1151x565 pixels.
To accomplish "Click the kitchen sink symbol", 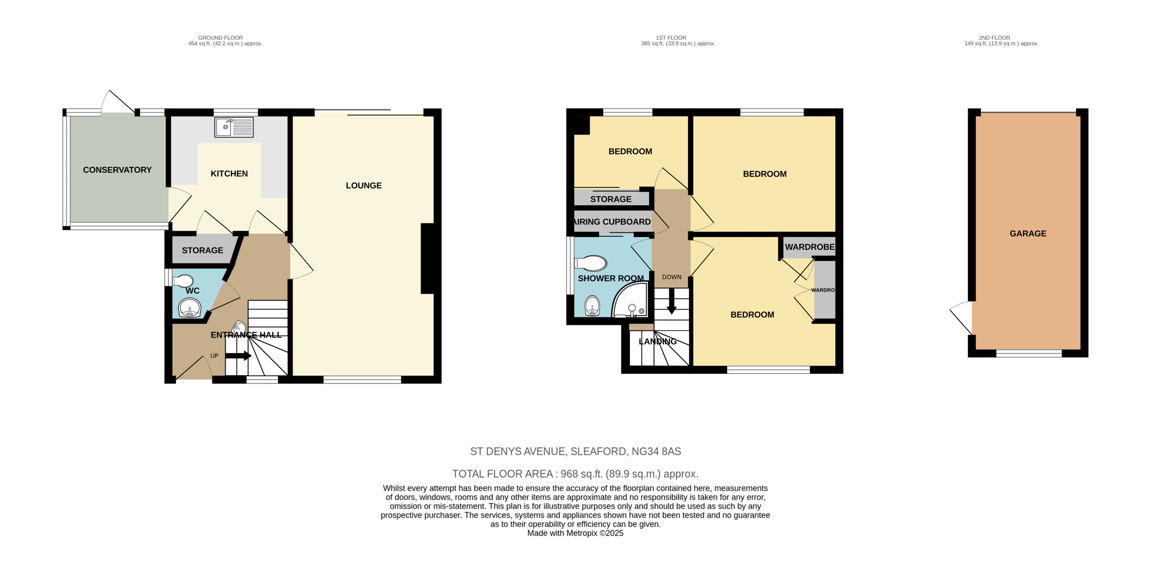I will (234, 127).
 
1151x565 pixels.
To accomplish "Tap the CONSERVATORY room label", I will (117, 170).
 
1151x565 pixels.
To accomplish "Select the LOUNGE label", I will (364, 185).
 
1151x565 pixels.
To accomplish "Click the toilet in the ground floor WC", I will (182, 281).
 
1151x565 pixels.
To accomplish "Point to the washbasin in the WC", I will (189, 308).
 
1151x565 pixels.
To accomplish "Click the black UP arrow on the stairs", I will (238, 356).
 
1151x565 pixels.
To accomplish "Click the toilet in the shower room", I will (591, 263).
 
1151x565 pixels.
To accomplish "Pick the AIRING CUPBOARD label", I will (612, 222).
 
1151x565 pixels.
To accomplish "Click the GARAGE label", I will (1028, 233).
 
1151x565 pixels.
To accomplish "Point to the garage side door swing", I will (962, 316).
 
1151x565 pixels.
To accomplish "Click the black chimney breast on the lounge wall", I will (427, 258).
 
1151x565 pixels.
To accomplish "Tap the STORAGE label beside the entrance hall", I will (202, 250).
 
